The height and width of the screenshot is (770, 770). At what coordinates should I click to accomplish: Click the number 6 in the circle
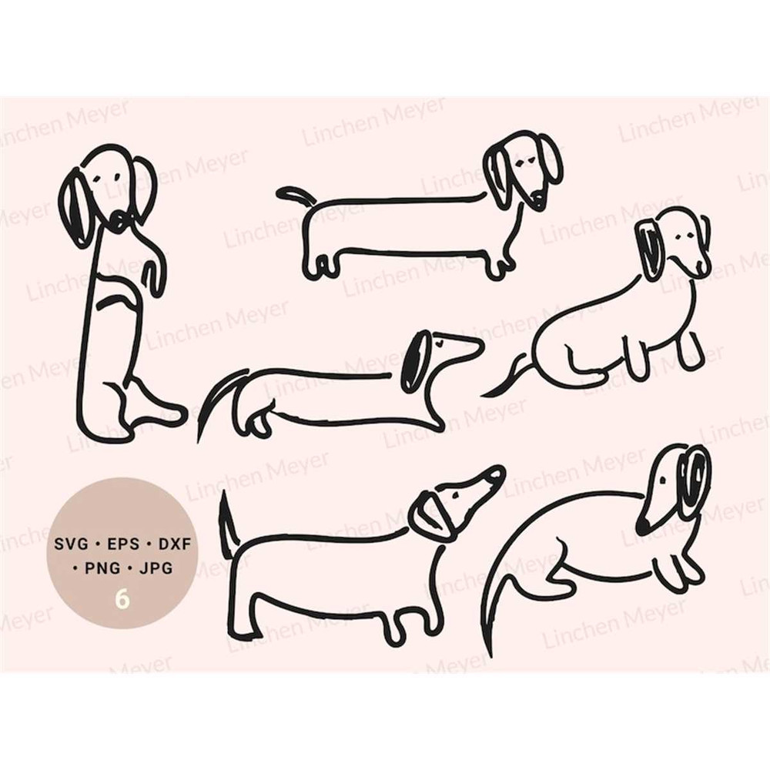(122, 598)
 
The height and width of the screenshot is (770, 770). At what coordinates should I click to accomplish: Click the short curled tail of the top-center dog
(293, 194)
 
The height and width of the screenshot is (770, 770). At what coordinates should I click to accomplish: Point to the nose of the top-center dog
(537, 203)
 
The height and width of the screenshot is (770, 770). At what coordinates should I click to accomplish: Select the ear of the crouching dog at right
(651, 248)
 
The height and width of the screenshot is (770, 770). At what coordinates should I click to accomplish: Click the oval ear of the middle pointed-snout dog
(414, 362)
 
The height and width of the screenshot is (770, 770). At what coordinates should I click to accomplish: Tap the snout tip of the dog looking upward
(497, 472)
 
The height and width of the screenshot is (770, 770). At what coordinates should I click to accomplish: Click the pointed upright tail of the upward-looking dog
(226, 524)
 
